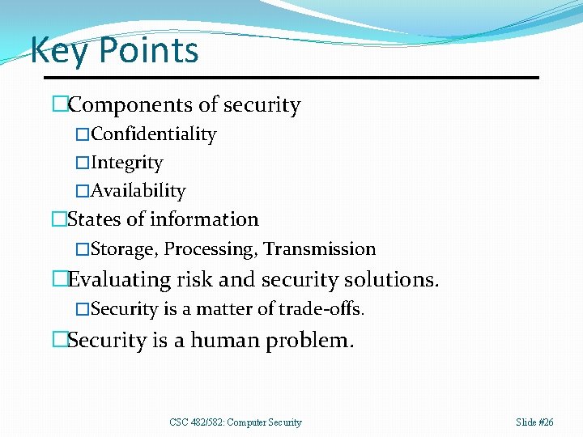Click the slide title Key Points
pyautogui.click(x=114, y=50)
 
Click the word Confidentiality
pyautogui.click(x=153, y=134)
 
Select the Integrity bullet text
pyautogui.click(x=126, y=163)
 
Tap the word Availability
pyautogui.click(x=138, y=191)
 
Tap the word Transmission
pyautogui.click(x=320, y=249)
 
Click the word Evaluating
pyautogui.click(x=120, y=280)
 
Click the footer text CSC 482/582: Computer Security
pyautogui.click(x=236, y=422)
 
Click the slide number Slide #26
pyautogui.click(x=534, y=422)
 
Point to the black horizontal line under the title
pyautogui.click(x=324, y=78)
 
